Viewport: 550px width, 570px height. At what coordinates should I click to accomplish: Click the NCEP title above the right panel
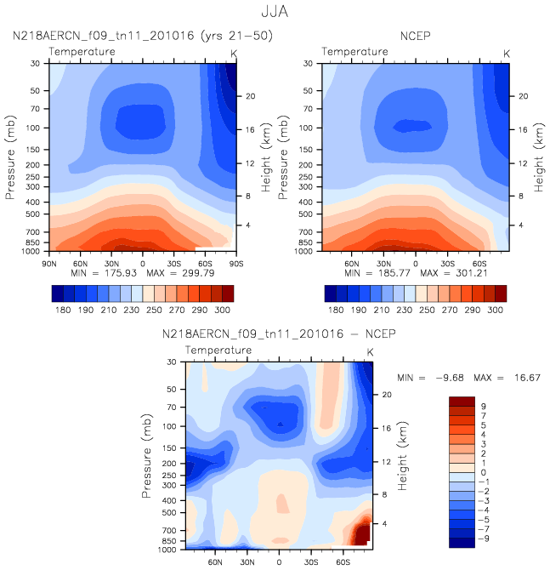[416, 37]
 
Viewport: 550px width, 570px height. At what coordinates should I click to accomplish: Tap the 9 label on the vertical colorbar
[485, 406]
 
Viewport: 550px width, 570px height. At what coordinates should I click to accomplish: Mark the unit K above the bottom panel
[370, 352]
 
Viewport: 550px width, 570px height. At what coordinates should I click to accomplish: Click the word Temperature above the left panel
[82, 52]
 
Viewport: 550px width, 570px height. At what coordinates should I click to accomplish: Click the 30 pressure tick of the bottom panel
[174, 362]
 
